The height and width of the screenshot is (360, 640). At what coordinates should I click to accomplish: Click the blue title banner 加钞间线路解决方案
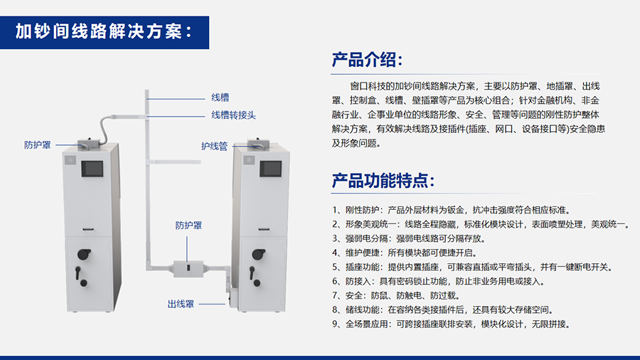tap(104, 33)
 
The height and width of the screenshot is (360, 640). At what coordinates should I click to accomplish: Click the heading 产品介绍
tap(367, 60)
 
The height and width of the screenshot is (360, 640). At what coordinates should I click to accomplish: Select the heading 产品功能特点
tap(383, 181)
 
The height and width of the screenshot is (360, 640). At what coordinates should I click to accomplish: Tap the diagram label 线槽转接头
tap(233, 115)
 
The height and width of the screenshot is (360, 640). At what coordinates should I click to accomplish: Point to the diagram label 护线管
tap(214, 146)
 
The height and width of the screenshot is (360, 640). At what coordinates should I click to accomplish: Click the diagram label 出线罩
tap(181, 304)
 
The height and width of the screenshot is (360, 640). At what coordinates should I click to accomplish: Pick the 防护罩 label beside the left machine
tap(38, 145)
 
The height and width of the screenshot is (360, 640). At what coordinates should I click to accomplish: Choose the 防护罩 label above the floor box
tap(188, 226)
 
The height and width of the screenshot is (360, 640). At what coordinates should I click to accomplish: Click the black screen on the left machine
tap(92, 169)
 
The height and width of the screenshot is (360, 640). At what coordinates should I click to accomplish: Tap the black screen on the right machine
tap(271, 169)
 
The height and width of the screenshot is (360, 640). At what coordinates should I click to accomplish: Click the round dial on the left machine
tap(84, 254)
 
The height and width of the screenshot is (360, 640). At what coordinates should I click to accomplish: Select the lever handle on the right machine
tap(254, 276)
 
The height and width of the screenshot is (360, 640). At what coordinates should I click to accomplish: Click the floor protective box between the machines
tap(188, 268)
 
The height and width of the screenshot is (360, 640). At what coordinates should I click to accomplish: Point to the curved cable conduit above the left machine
tap(104, 127)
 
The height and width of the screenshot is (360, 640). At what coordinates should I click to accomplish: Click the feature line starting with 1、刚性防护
tap(451, 210)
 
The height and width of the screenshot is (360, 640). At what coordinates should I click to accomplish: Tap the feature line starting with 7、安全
tap(396, 295)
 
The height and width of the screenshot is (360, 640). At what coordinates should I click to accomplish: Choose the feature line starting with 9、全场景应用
tap(451, 324)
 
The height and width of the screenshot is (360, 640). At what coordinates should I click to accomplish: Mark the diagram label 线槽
tap(220, 97)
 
